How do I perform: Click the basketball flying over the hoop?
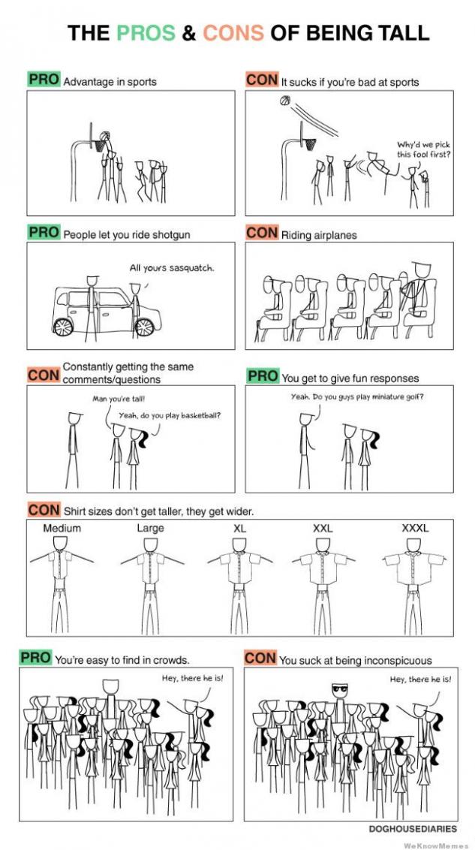click(x=285, y=101)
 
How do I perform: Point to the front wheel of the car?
click(x=145, y=327)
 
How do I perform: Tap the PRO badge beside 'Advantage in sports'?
click(x=44, y=79)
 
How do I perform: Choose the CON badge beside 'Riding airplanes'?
click(x=262, y=233)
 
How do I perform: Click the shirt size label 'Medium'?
click(x=62, y=528)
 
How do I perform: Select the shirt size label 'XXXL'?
click(x=415, y=528)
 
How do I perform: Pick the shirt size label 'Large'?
click(x=151, y=528)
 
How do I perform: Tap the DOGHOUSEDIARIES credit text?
click(x=413, y=829)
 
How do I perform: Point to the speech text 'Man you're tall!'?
click(x=113, y=399)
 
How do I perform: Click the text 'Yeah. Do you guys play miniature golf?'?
click(x=357, y=396)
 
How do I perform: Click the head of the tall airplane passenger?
click(x=422, y=270)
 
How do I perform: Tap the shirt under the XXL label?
click(x=323, y=568)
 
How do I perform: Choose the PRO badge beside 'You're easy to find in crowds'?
click(x=36, y=658)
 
